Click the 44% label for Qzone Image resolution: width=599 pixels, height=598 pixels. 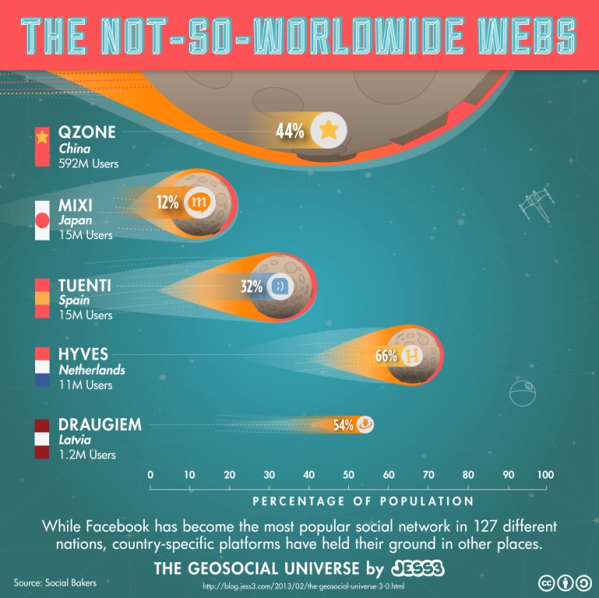pos(290,131)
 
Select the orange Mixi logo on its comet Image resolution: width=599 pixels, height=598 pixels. pos(199,203)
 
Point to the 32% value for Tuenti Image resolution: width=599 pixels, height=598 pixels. pos(252,286)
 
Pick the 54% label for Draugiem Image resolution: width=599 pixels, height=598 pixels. pos(344,425)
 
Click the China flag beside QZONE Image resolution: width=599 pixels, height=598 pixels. pos(42,146)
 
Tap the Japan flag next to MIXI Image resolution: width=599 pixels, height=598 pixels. pos(42,221)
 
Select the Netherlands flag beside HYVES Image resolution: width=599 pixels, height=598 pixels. pos(42,368)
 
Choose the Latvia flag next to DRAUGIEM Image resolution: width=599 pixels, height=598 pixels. pos(42,439)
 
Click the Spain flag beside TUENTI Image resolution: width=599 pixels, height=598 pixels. pos(42,298)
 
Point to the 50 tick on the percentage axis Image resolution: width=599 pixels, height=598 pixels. pos(347,475)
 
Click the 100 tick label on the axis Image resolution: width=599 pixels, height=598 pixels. pos(545,475)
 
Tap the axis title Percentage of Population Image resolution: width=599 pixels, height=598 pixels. pos(362,501)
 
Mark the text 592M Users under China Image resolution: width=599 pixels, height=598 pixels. pos(86,164)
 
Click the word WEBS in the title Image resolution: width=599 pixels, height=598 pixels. pos(529,35)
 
